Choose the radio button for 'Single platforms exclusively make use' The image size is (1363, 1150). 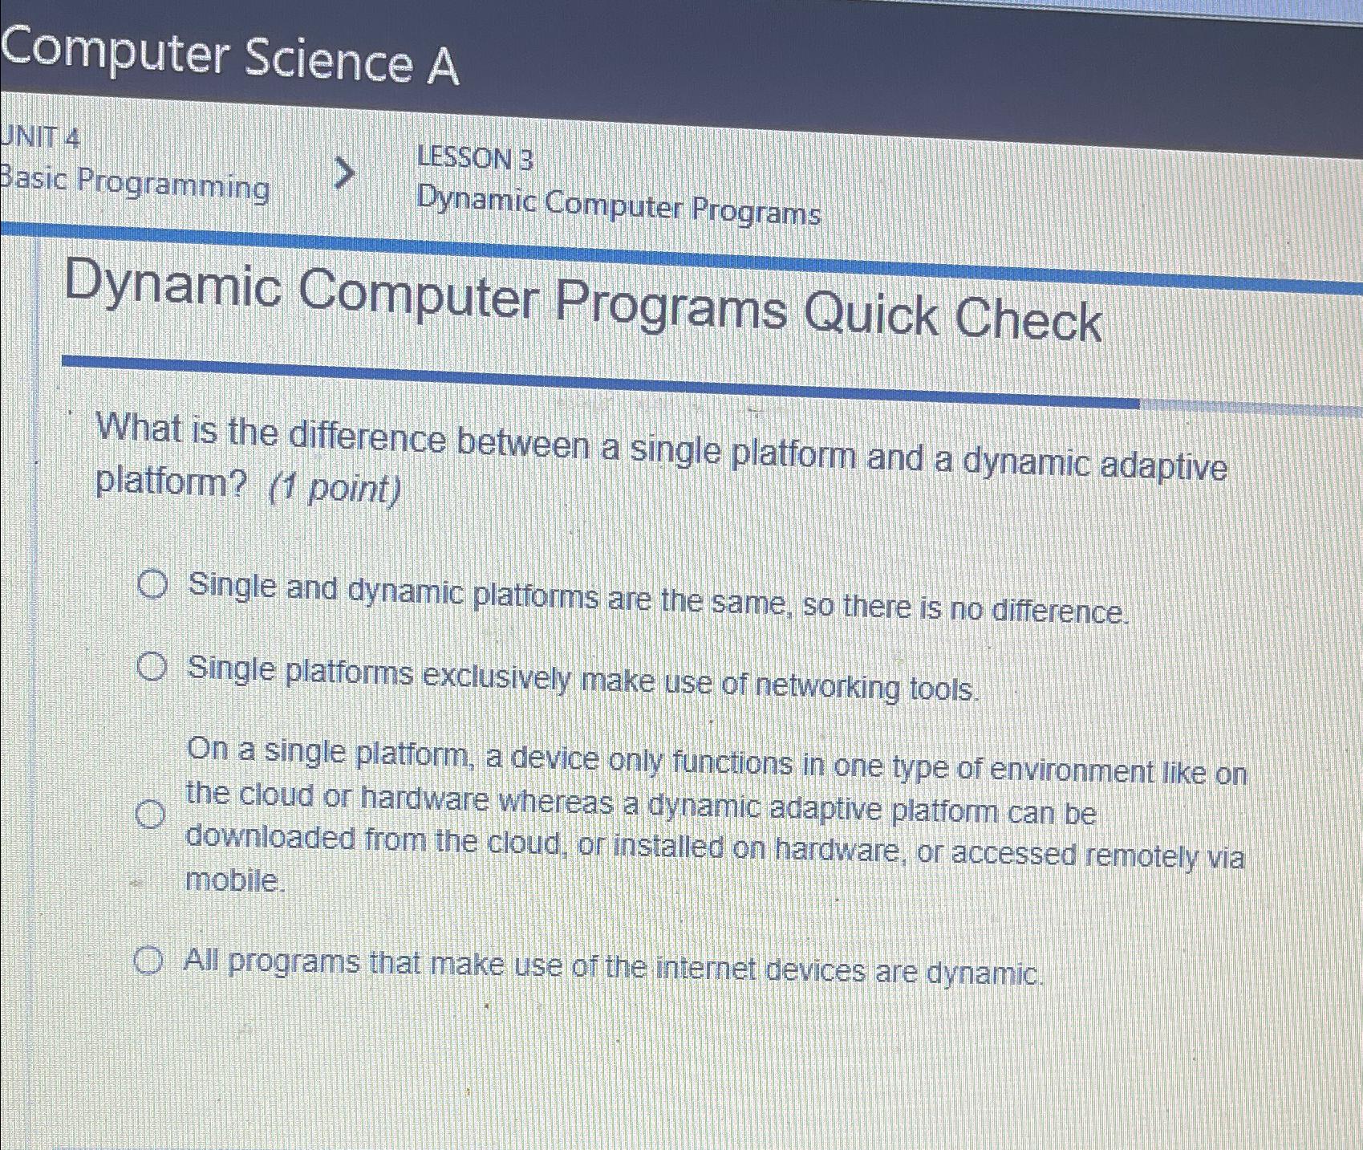(x=152, y=667)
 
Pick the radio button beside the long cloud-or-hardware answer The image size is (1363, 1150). (x=149, y=814)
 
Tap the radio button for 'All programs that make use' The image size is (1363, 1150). (x=148, y=960)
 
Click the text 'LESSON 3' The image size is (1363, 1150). (x=475, y=158)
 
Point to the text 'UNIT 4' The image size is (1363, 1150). (x=40, y=137)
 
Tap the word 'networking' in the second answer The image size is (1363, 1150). (x=826, y=687)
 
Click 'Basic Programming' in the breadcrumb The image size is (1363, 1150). (x=134, y=184)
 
